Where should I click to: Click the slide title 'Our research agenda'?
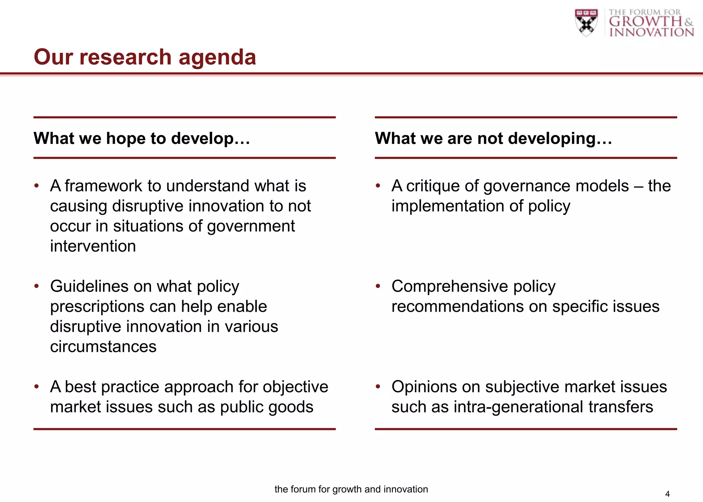coord(145,57)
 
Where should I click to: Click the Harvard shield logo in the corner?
coord(586,23)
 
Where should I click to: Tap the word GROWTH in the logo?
coord(645,22)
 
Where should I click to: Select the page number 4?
coord(667,494)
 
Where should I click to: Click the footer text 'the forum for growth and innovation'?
coord(351,489)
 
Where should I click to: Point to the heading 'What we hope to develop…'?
coord(142,138)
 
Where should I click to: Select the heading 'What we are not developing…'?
coord(493,138)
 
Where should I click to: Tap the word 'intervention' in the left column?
coord(93,246)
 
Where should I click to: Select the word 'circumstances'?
coord(103,347)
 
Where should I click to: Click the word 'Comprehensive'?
coord(449,286)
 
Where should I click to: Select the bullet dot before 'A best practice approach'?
coord(37,387)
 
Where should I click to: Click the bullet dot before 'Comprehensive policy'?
coord(378,286)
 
